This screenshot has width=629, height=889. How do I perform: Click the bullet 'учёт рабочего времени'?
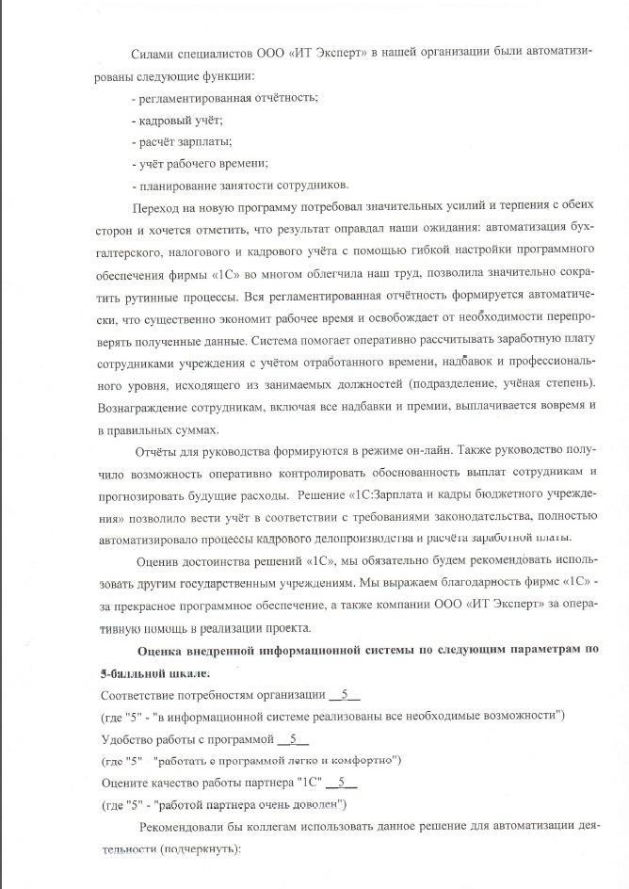click(x=202, y=163)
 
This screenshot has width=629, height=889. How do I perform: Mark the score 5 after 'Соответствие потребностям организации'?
click(x=345, y=695)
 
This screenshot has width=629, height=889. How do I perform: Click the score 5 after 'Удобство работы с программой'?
click(x=294, y=739)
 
